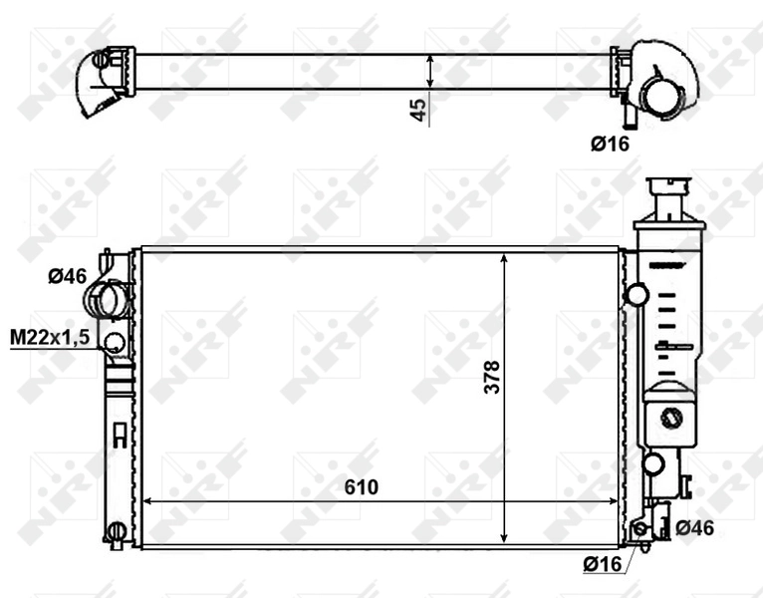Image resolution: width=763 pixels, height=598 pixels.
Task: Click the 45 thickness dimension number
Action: pyautogui.click(x=420, y=109)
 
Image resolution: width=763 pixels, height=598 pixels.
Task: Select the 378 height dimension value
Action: pyautogui.click(x=491, y=377)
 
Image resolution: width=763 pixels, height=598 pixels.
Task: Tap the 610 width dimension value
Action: pyautogui.click(x=361, y=486)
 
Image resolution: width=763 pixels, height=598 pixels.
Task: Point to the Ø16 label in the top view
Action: pyautogui.click(x=610, y=144)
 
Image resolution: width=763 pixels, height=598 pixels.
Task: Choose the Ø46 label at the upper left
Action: pyautogui.click(x=68, y=276)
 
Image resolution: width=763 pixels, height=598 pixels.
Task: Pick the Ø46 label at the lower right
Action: pyautogui.click(x=693, y=528)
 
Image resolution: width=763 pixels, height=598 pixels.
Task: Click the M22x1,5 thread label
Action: pyautogui.click(x=50, y=338)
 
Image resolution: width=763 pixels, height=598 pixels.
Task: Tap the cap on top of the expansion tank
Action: pyautogui.click(x=674, y=187)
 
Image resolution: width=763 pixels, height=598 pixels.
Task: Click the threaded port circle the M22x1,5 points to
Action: pyautogui.click(x=115, y=343)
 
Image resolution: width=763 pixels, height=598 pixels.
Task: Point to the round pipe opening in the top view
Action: pyautogui.click(x=656, y=96)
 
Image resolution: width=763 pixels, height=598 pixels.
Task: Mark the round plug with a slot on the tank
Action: pyautogui.click(x=673, y=418)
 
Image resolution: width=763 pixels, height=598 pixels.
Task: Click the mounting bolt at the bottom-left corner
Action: pyautogui.click(x=116, y=530)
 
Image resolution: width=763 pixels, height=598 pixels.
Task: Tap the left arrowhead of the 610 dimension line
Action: pyautogui.click(x=148, y=501)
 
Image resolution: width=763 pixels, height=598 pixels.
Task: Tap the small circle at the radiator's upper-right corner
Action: pyautogui.click(x=636, y=294)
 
